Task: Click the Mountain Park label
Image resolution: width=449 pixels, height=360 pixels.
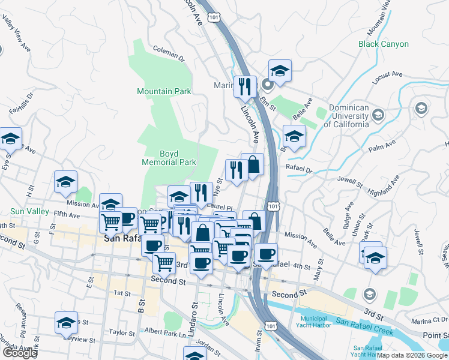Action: [164, 91]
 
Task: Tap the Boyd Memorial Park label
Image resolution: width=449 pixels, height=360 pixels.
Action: [169, 158]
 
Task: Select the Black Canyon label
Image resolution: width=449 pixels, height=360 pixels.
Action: [383, 44]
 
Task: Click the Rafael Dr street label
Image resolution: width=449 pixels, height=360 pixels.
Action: [300, 170]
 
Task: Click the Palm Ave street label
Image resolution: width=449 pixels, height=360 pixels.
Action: [382, 146]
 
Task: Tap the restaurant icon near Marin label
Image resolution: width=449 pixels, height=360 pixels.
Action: [244, 86]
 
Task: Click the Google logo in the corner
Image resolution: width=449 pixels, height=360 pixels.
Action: [20, 353]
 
